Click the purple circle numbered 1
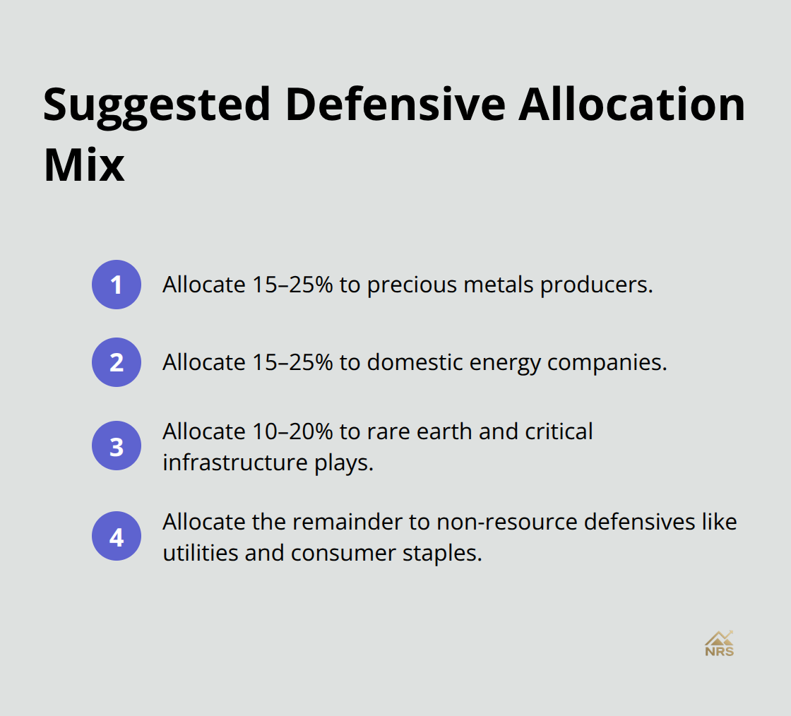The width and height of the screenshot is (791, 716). (117, 285)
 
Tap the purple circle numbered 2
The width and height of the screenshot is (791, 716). (117, 362)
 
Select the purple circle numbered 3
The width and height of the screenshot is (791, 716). (117, 446)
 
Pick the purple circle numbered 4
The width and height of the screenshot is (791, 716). (117, 536)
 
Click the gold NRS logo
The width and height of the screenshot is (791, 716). (719, 644)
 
